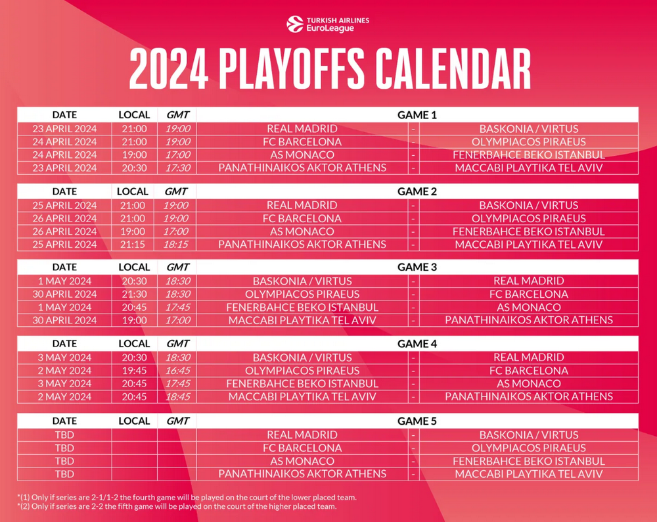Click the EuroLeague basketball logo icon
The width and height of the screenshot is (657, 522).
click(295, 24)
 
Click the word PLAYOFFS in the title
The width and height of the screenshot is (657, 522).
click(292, 68)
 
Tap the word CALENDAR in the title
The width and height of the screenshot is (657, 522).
click(453, 68)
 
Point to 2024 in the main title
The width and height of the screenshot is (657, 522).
click(169, 68)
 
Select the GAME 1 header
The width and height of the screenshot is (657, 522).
click(417, 115)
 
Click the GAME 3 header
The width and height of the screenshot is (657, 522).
click(417, 267)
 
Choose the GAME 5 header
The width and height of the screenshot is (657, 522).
click(417, 421)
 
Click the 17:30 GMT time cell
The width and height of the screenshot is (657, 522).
click(177, 168)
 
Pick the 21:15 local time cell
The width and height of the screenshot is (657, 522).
click(133, 245)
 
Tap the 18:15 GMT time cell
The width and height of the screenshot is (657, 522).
click(176, 245)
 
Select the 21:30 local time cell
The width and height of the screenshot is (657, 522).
click(135, 294)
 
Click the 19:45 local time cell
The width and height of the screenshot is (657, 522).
click(135, 371)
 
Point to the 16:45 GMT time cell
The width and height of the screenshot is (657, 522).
click(177, 371)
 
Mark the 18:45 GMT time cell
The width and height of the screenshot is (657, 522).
click(177, 396)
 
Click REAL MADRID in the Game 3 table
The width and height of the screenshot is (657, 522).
click(529, 281)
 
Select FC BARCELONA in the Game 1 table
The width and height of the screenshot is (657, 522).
click(302, 142)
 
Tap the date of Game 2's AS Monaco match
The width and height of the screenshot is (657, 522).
click(64, 231)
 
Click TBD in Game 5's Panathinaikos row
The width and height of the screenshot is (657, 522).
click(64, 474)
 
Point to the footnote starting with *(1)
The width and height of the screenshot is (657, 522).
click(187, 498)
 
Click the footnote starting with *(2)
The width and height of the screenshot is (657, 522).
click(177, 506)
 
